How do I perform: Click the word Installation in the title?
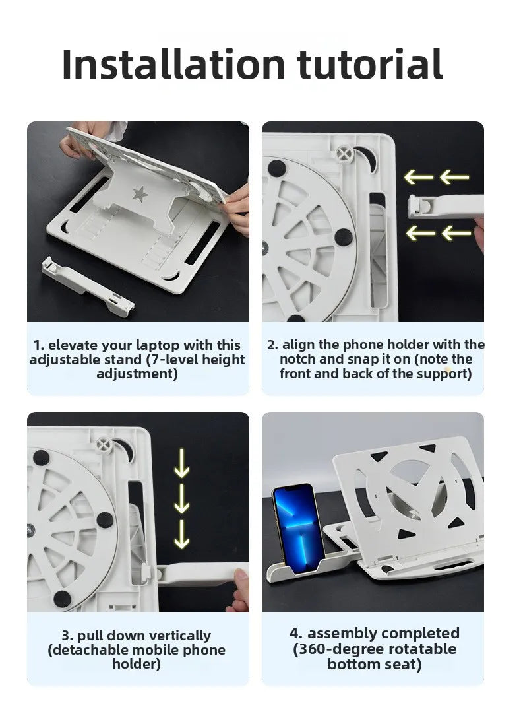click(173, 64)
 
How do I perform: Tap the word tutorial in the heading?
click(370, 64)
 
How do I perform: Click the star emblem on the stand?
click(139, 194)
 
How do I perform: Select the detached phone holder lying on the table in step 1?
click(88, 286)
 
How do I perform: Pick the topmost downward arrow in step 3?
click(181, 463)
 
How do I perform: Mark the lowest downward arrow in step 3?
click(181, 534)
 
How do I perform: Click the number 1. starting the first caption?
click(39, 345)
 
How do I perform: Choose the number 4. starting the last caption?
click(296, 633)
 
